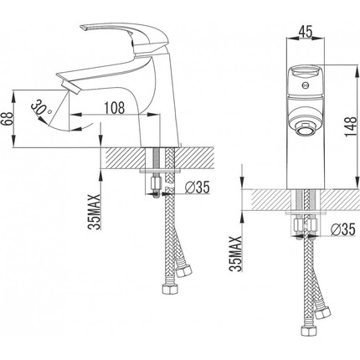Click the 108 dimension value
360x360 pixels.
coord(115,108)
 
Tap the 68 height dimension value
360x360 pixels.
coord(7,119)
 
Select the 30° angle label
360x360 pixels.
coord(40,108)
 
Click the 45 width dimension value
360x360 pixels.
coord(306,32)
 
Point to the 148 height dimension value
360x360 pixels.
coord(351,126)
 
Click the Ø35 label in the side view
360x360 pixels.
coord(197,188)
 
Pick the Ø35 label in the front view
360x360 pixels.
coord(343,229)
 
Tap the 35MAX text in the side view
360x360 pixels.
coord(94,212)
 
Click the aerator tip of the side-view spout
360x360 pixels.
coord(72,87)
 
